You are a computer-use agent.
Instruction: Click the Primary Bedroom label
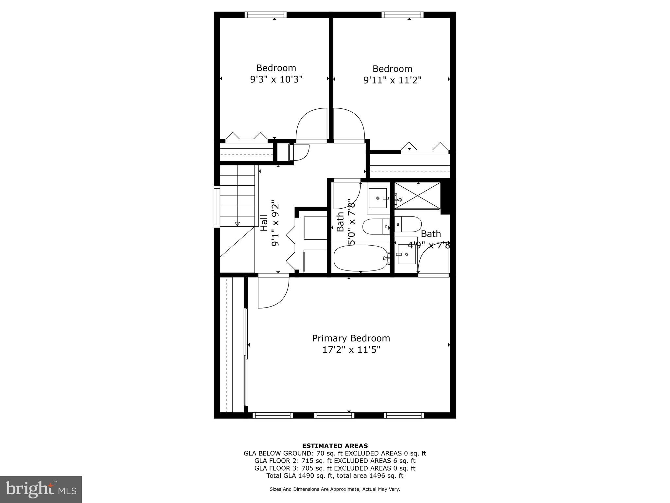(351, 338)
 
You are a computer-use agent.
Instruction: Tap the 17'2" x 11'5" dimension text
(351, 350)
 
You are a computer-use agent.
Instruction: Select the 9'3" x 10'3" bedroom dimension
(276, 79)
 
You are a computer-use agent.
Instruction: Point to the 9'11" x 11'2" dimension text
(392, 80)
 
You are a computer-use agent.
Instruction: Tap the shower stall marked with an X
(417, 196)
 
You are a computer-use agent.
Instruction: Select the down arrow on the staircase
(237, 224)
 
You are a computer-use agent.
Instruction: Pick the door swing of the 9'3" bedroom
(311, 125)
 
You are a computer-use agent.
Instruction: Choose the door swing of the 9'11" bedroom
(349, 125)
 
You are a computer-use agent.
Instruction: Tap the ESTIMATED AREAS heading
(335, 446)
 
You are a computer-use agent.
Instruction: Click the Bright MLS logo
(41, 490)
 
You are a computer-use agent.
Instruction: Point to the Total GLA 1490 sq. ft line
(335, 476)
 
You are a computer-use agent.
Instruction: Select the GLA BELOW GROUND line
(335, 453)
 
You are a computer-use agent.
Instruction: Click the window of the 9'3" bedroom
(265, 15)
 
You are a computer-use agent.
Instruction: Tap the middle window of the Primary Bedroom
(334, 416)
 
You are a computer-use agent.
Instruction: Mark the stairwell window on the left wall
(217, 206)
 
